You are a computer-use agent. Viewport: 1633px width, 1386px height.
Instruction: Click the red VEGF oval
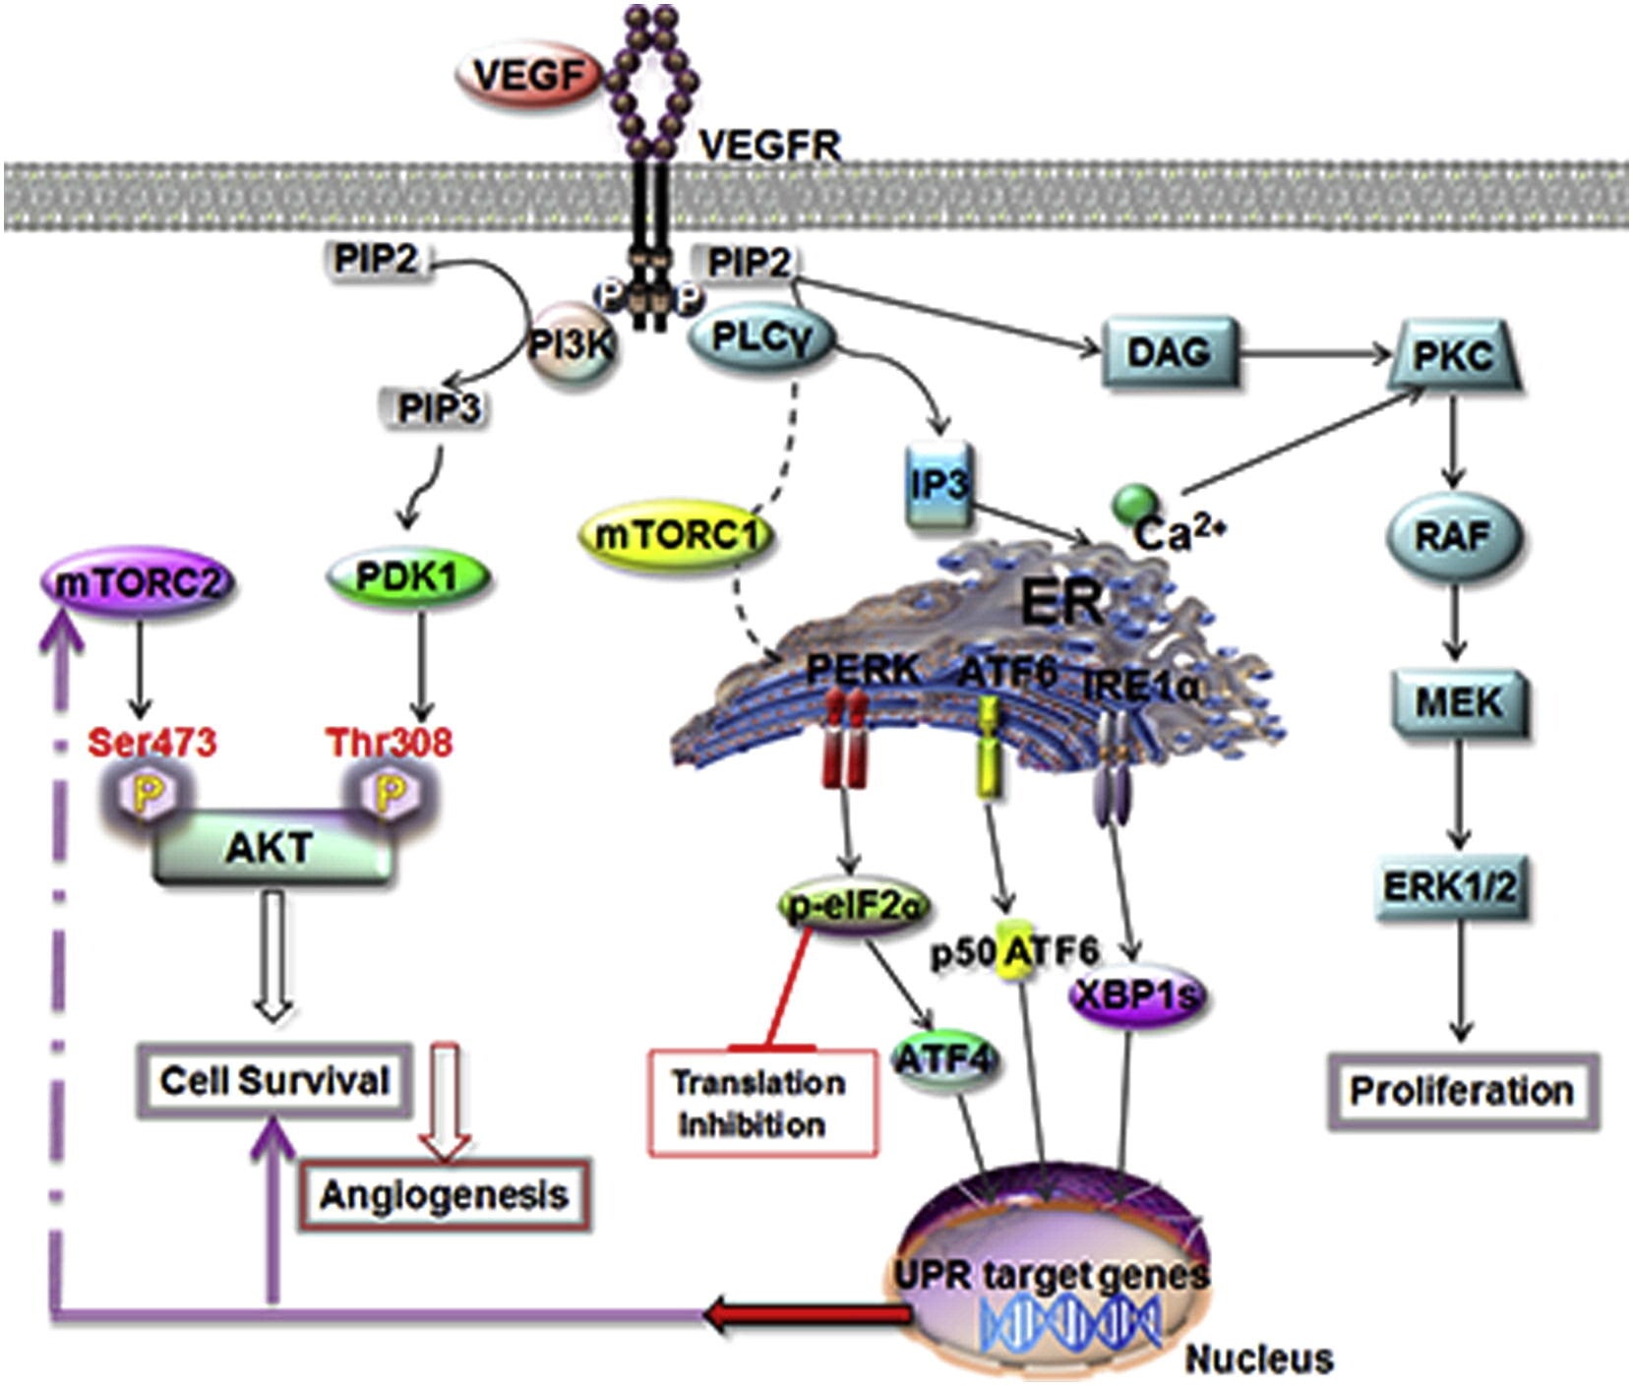pyautogui.click(x=532, y=77)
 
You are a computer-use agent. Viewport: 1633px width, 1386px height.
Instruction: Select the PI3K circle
pyautogui.click(x=574, y=345)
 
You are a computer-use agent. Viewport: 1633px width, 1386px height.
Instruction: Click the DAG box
pyautogui.click(x=1168, y=351)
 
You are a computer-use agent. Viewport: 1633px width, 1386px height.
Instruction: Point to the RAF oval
pyautogui.click(x=1454, y=537)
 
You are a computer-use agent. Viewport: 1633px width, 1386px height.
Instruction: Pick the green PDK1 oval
pyautogui.click(x=407, y=577)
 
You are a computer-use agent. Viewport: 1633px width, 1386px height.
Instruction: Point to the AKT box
pyautogui.click(x=271, y=847)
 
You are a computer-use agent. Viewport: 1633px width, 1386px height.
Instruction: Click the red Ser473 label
pyautogui.click(x=151, y=741)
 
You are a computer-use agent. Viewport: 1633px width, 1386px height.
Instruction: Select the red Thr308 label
pyautogui.click(x=390, y=741)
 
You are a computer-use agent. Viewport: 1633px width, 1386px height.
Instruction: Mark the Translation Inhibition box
pyautogui.click(x=761, y=1103)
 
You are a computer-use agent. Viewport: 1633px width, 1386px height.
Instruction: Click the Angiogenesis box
pyautogui.click(x=445, y=1195)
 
